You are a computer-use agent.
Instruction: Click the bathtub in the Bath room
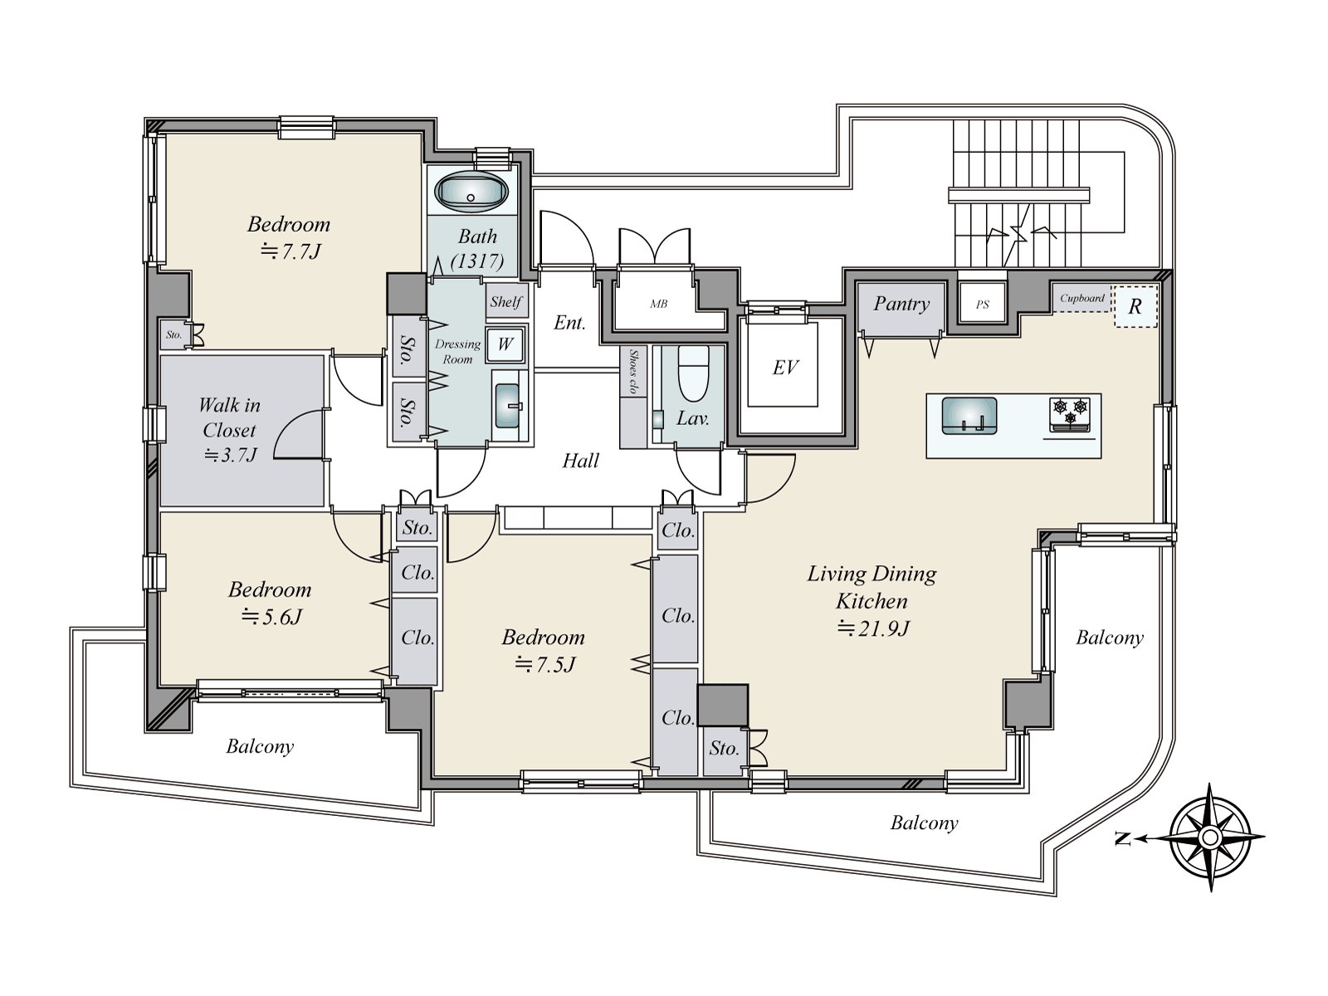coord(471,193)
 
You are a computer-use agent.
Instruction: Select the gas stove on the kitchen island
coord(1069,413)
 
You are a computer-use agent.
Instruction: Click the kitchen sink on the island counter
coord(969,414)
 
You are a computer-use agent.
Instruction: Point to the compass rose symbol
coord(1209,837)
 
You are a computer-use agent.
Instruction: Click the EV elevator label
coord(784,368)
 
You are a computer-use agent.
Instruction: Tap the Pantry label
coord(901,304)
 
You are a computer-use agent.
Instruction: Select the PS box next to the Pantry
coord(982,305)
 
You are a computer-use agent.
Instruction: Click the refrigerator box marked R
coord(1134,305)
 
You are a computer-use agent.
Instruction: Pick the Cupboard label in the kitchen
coord(1082,298)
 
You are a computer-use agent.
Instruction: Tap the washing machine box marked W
coord(505,344)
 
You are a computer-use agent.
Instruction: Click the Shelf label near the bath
coord(505,302)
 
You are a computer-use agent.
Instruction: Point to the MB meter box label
coord(658,304)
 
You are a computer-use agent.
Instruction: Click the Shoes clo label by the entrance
coord(633,370)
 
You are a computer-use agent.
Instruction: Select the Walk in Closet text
coord(230,417)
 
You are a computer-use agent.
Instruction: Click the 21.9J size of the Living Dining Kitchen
coord(873,628)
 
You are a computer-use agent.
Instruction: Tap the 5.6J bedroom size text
coord(271,617)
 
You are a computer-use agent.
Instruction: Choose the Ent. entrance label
coord(570,322)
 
